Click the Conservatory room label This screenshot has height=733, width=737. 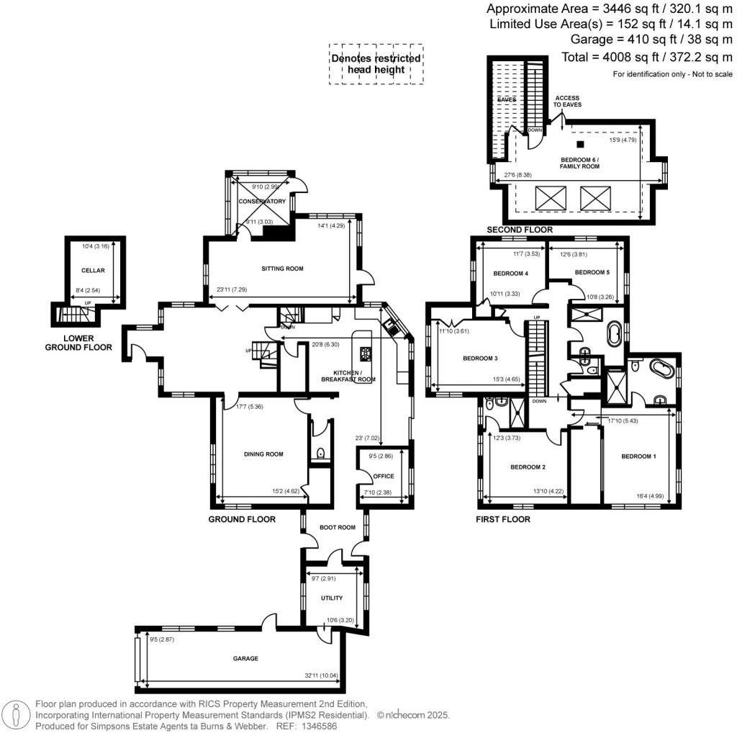(x=262, y=202)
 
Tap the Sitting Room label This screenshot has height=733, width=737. (x=281, y=269)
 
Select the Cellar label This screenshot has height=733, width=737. (x=94, y=270)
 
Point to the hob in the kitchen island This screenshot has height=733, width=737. (x=365, y=354)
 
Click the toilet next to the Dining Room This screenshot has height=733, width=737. (x=320, y=454)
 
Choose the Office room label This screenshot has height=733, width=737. (x=384, y=475)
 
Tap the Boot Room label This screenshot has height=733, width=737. (x=338, y=528)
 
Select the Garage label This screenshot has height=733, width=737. (x=245, y=658)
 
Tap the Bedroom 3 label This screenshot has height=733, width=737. (x=480, y=358)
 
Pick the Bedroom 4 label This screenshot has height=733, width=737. (x=510, y=274)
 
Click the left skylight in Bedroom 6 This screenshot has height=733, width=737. (x=549, y=196)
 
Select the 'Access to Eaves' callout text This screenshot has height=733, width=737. (x=566, y=102)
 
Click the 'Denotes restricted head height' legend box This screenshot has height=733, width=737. (x=376, y=64)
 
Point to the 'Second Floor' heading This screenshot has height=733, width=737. (x=520, y=230)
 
